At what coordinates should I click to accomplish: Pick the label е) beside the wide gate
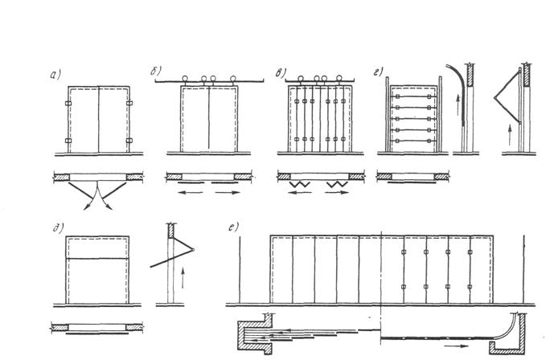click(232, 226)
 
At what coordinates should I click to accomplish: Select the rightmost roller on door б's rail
click(234, 79)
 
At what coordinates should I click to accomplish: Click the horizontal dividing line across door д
click(96, 257)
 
